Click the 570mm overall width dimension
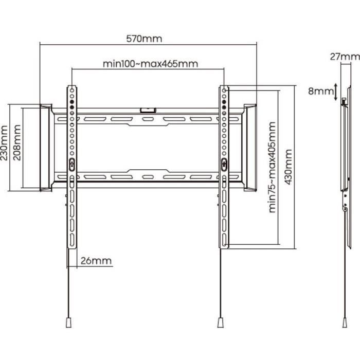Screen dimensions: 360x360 [144, 39]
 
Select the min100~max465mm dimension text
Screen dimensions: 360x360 [150, 64]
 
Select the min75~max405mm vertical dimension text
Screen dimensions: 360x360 [272, 168]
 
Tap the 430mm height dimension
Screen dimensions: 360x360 [288, 168]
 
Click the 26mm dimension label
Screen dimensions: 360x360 [96, 260]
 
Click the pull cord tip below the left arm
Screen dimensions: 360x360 [68, 322]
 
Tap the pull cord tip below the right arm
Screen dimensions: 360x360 [221, 322]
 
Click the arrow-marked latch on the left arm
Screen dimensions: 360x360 [71, 164]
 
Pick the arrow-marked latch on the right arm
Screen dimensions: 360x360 [224, 164]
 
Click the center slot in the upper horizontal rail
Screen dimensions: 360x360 [148, 119]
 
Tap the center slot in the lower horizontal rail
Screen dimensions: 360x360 [148, 176]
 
